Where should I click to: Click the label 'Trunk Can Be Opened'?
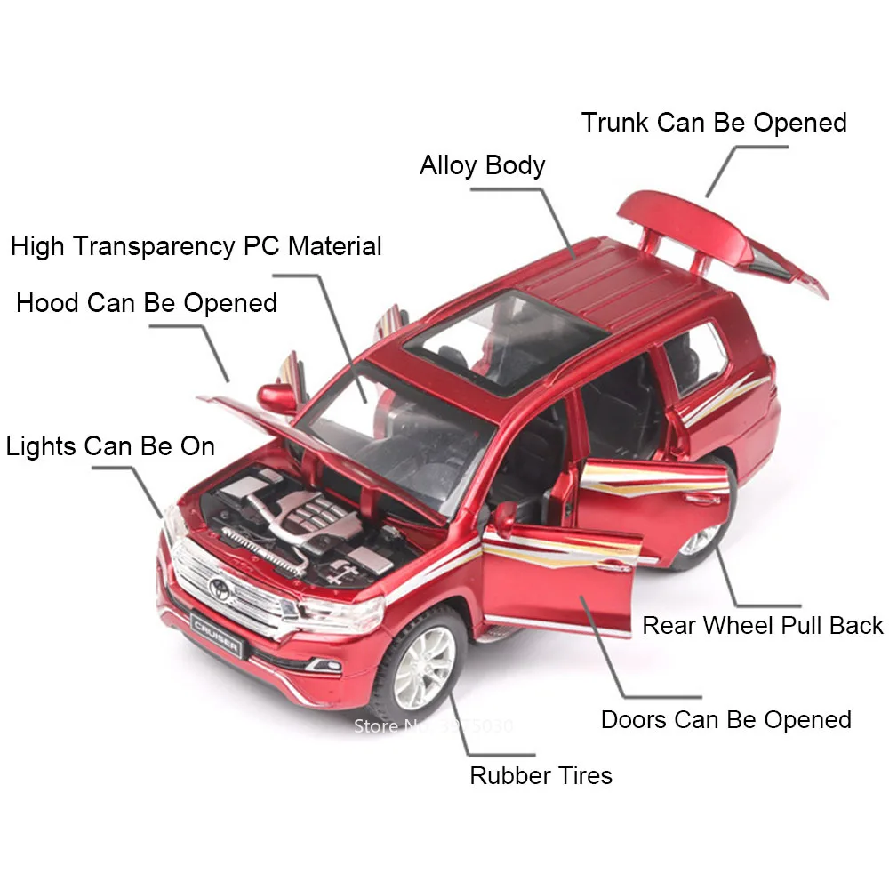tap(714, 123)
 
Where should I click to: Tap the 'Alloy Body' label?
tap(482, 166)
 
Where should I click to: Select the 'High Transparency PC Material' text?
tap(196, 246)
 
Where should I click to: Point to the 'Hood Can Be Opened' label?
tap(147, 303)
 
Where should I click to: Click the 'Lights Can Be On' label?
tap(111, 445)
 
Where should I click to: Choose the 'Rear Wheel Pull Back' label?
tap(763, 625)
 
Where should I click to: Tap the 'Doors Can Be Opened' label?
tap(725, 719)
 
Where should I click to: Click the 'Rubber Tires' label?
tap(541, 775)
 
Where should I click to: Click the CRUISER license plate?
tap(216, 636)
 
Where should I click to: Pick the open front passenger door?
tap(560, 569)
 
